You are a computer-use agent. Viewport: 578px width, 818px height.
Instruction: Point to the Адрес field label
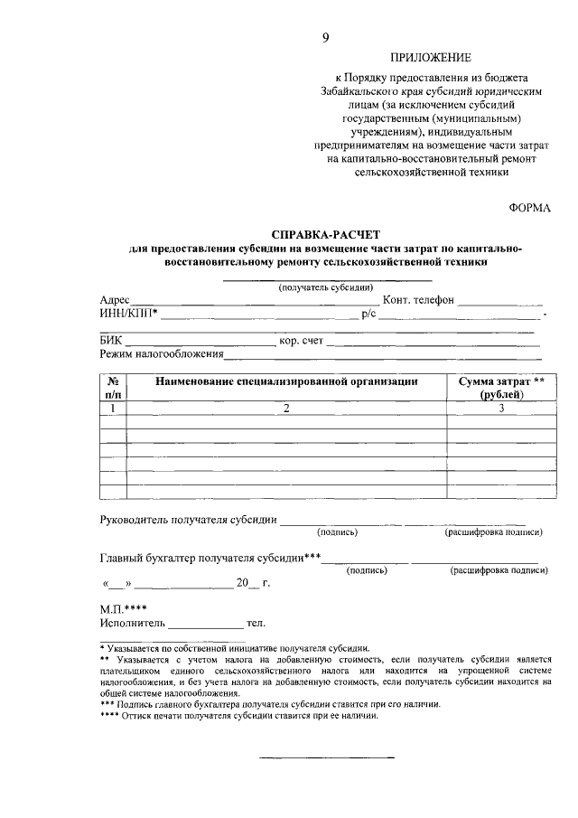[115, 300]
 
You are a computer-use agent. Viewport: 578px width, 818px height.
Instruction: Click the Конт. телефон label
[418, 300]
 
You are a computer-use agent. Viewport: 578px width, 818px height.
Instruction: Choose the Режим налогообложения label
[161, 355]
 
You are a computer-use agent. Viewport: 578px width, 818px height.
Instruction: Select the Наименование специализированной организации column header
[286, 382]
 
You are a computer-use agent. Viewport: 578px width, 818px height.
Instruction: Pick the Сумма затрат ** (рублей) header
[500, 388]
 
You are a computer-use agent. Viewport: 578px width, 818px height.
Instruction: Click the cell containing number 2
[286, 409]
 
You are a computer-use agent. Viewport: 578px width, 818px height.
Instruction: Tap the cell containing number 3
[500, 409]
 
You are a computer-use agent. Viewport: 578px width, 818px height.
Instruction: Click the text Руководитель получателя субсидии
[187, 520]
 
